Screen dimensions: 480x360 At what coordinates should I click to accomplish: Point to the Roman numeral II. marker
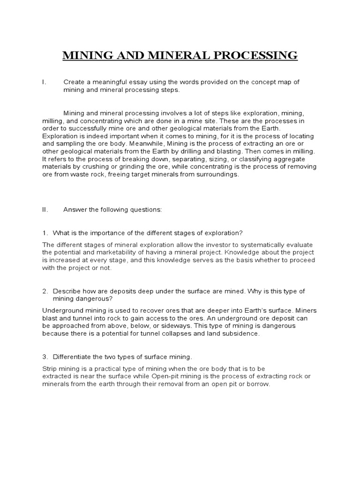[45, 210]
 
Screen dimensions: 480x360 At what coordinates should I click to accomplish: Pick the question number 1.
[45, 233]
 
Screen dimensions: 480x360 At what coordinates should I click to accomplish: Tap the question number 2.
[45, 291]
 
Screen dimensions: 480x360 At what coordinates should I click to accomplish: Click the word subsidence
[239, 334]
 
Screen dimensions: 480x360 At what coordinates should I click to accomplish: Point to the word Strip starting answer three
[50, 368]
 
